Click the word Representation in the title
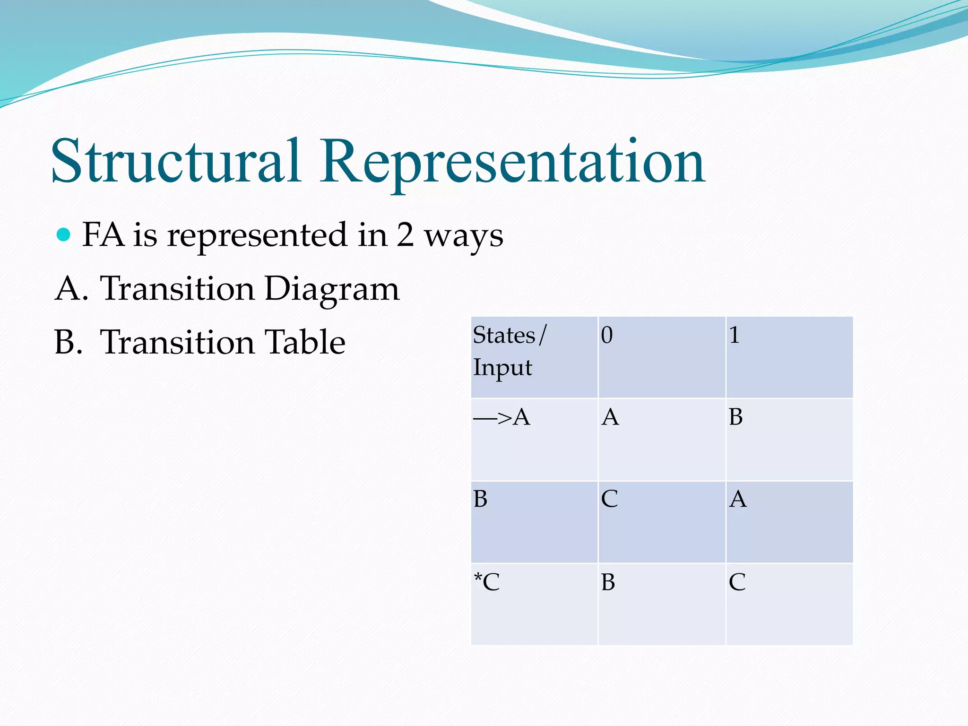click(x=512, y=163)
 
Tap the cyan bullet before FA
click(x=63, y=234)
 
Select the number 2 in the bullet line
click(x=405, y=235)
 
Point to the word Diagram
click(x=332, y=289)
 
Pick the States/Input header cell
click(x=534, y=357)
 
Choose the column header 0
click(x=662, y=357)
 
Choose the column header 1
click(x=789, y=357)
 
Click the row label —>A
click(x=534, y=440)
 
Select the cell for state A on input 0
click(x=662, y=440)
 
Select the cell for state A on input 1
click(x=789, y=440)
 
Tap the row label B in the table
click(x=534, y=522)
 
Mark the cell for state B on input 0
click(x=662, y=522)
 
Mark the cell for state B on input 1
click(x=789, y=522)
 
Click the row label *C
click(x=534, y=605)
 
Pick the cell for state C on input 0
click(x=662, y=605)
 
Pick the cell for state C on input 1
click(x=789, y=605)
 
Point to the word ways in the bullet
click(x=464, y=236)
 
